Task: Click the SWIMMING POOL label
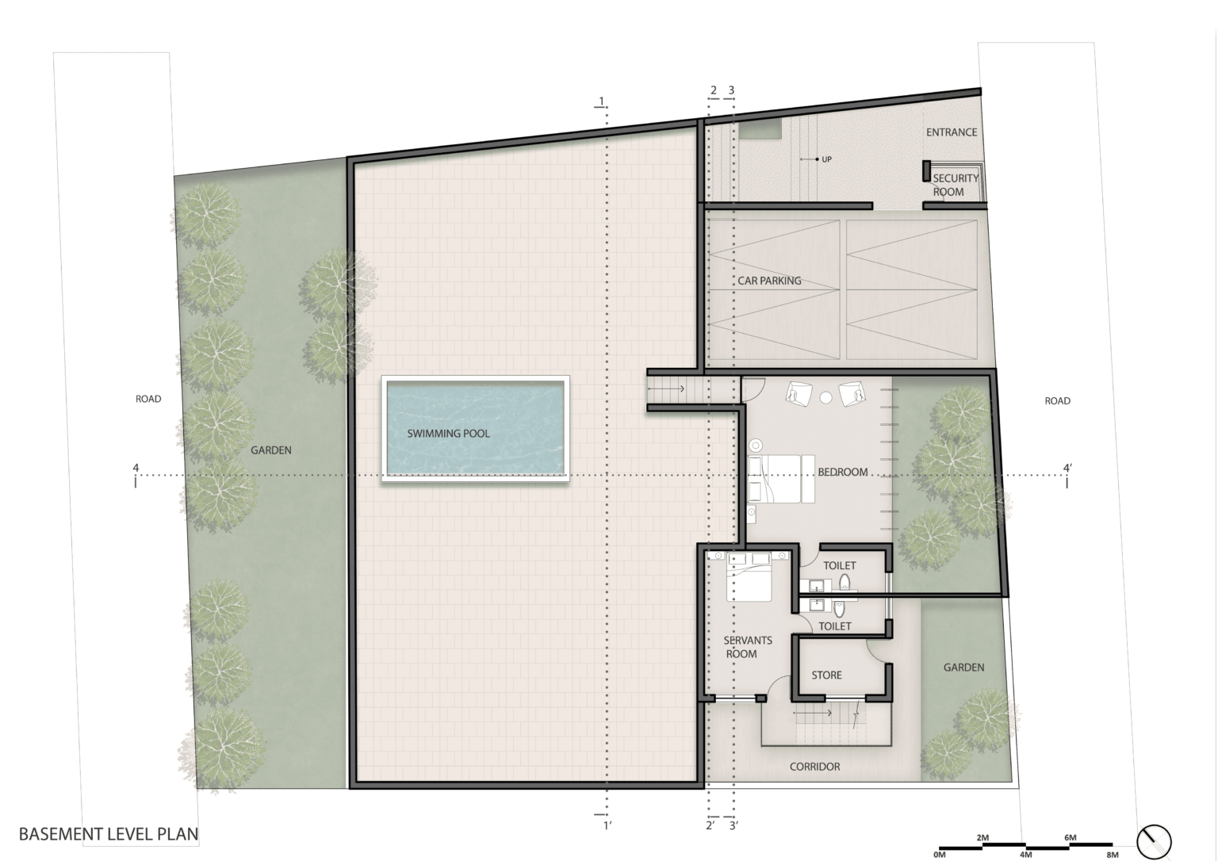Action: click(448, 434)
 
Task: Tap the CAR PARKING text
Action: click(769, 281)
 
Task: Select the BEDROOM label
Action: click(842, 472)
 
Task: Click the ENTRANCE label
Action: click(952, 132)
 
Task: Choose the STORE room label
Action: click(826, 675)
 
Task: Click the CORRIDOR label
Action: click(814, 767)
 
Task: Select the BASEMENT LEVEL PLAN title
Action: click(109, 834)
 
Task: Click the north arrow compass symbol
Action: click(1154, 839)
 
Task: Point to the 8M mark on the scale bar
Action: click(1112, 855)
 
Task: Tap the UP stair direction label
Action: click(826, 159)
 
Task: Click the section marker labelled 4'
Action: click(1067, 469)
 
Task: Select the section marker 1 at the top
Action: click(602, 101)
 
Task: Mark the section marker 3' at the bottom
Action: click(733, 826)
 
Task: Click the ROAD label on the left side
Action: click(148, 399)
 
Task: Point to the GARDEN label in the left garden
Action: click(271, 450)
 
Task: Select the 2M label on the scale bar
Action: click(982, 838)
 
